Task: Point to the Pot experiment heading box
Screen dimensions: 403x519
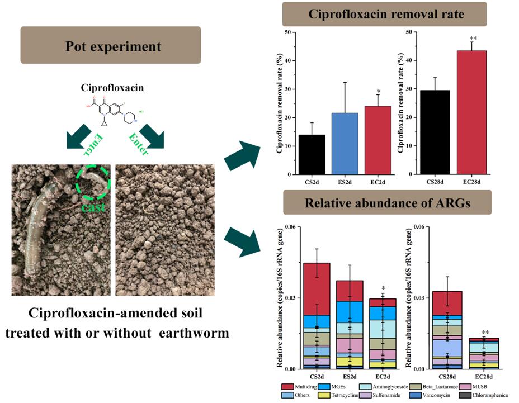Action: pyautogui.click(x=111, y=46)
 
